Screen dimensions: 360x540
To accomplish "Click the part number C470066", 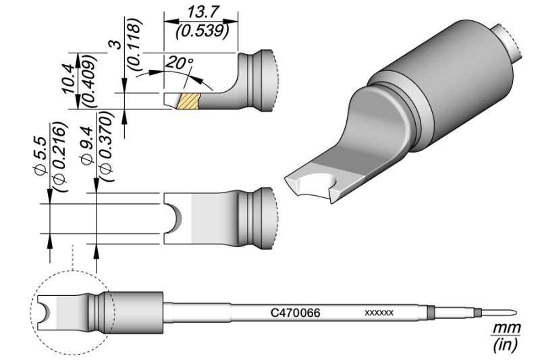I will [x=295, y=313].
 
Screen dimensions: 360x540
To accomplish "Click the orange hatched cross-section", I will [x=188, y=101].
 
